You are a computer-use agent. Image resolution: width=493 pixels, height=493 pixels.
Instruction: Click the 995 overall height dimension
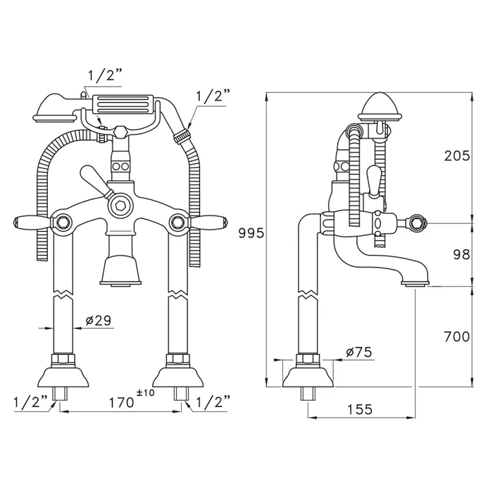(251, 233)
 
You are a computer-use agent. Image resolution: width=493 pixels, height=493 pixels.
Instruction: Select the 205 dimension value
(457, 156)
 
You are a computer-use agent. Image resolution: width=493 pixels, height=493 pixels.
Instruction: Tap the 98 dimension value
(461, 255)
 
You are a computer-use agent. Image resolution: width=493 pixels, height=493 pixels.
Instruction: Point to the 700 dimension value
(457, 337)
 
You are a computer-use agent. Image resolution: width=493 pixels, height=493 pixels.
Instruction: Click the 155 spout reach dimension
(360, 409)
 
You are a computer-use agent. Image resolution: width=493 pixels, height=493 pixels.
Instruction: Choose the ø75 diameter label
(358, 352)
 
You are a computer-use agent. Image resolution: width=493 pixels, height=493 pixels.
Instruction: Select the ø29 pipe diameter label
(99, 320)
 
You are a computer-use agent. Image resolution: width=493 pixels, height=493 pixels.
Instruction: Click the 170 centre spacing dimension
(121, 402)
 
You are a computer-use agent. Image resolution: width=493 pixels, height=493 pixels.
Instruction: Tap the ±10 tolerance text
(146, 393)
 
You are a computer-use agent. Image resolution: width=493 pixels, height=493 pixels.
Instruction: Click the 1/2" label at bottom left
(30, 402)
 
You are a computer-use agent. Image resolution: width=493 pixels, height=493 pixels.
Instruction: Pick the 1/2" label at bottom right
(213, 402)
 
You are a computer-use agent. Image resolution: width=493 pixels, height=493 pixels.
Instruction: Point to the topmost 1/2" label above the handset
(104, 75)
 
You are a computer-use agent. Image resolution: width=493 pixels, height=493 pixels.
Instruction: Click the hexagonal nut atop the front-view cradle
(120, 132)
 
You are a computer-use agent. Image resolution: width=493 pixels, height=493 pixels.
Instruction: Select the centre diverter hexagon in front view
(120, 206)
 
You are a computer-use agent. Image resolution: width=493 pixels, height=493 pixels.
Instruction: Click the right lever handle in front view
(208, 221)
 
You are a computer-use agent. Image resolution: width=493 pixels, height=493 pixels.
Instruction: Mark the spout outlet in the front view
(120, 283)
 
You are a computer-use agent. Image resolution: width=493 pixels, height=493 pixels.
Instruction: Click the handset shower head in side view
(380, 107)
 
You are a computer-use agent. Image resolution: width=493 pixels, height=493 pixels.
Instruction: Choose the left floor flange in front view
(63, 377)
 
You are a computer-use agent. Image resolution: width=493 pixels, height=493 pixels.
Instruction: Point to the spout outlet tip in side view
(415, 284)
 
